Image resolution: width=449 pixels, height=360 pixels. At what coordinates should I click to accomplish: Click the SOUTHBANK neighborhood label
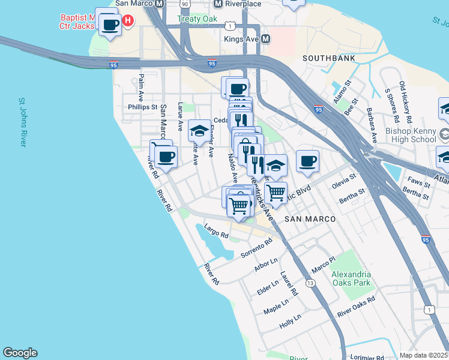pyautogui.click(x=328, y=58)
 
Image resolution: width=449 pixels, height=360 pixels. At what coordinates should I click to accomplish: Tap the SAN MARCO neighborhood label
pyautogui.click(x=310, y=219)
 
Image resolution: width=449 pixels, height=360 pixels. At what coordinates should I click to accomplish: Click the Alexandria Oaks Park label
pyautogui.click(x=351, y=279)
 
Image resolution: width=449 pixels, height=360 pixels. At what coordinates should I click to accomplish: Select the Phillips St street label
pyautogui.click(x=142, y=107)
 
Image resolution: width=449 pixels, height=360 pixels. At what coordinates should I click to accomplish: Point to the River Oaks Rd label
pyautogui.click(x=356, y=306)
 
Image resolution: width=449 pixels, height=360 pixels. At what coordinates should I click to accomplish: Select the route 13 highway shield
pyautogui.click(x=310, y=283)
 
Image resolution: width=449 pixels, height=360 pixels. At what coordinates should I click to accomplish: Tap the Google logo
pyautogui.click(x=20, y=353)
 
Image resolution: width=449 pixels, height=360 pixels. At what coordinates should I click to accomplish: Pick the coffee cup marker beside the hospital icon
pyautogui.click(x=109, y=25)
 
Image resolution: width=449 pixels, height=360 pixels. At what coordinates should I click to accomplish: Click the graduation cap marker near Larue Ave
pyautogui.click(x=199, y=130)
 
